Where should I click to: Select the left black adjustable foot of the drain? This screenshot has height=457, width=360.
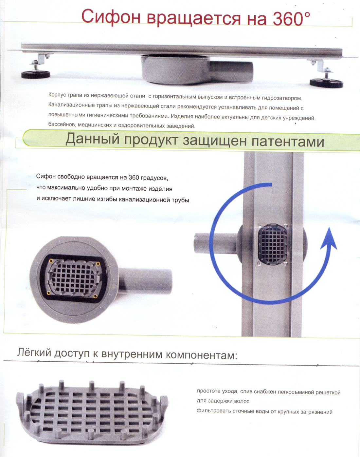[36, 74]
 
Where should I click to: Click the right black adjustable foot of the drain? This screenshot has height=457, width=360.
[326, 83]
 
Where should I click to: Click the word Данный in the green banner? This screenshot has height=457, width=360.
[92, 140]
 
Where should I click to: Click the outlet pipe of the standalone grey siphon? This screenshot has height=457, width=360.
[146, 281]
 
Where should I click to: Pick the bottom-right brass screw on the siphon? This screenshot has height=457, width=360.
[95, 296]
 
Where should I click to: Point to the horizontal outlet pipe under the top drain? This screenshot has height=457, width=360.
[231, 71]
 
